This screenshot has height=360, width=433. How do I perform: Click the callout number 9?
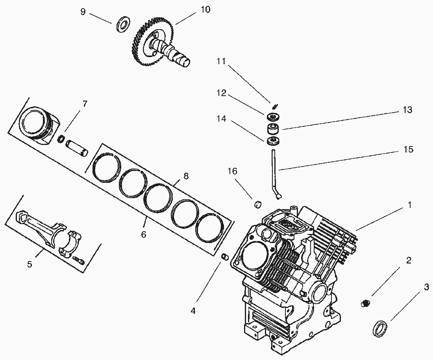[83, 12]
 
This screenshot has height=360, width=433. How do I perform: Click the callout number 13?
[407, 110]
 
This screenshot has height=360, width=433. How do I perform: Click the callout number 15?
[409, 149]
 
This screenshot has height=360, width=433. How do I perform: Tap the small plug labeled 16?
[259, 204]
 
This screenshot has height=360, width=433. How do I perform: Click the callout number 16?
[233, 171]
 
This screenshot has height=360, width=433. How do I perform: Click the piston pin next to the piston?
[77, 147]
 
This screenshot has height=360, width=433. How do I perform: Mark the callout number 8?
[185, 176]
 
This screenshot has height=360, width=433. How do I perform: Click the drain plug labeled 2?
[366, 303]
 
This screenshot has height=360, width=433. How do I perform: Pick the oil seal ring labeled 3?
[380, 328]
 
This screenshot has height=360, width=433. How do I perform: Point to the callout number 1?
[409, 205]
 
